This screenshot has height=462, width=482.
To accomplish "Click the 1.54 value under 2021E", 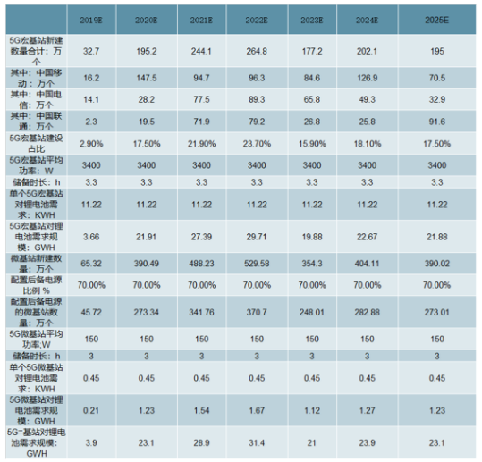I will pos(199,408).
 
